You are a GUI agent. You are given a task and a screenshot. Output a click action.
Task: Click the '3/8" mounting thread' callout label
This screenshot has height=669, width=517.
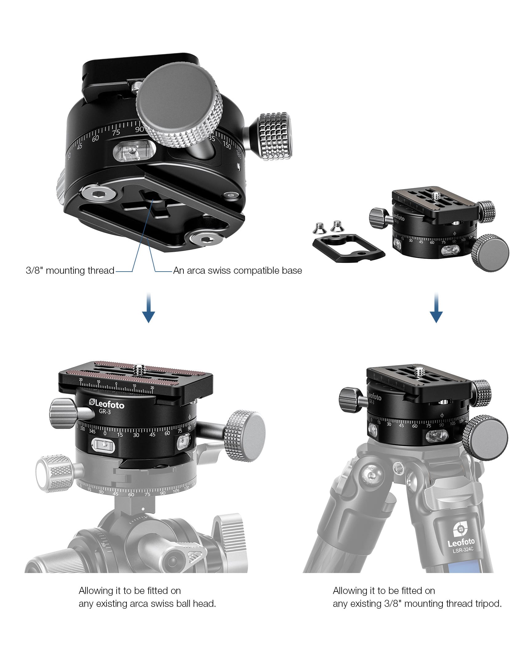(70, 270)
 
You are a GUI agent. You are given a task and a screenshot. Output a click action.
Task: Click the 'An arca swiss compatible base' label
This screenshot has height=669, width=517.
(238, 270)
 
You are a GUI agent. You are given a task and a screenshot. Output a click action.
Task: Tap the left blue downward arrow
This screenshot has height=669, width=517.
(148, 307)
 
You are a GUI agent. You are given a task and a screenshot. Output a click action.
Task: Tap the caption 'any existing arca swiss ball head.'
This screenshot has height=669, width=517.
(147, 603)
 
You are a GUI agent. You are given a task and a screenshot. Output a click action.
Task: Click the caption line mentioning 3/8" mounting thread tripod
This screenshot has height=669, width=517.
(417, 603)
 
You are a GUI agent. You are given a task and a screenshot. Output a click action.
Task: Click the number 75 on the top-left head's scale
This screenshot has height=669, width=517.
(116, 133)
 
